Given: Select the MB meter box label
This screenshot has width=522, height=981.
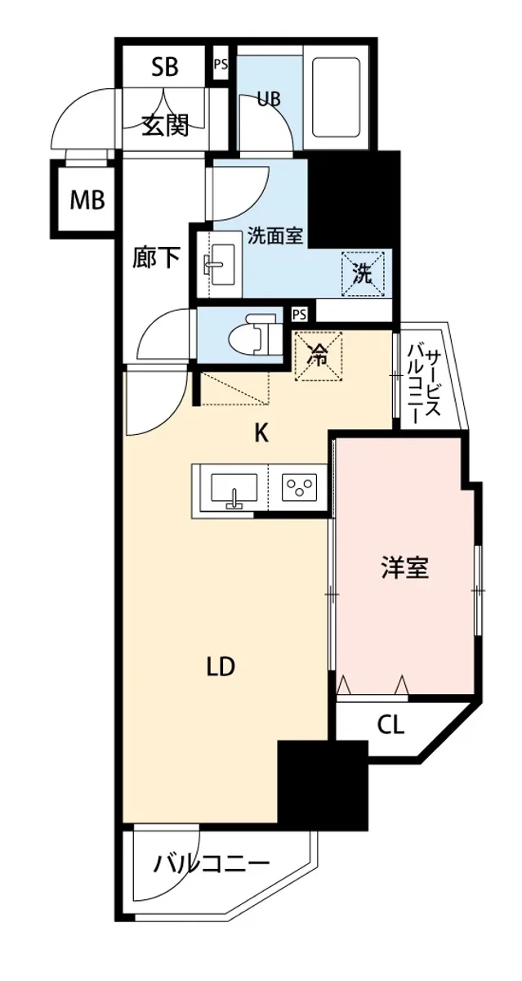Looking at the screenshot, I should pos(87,199).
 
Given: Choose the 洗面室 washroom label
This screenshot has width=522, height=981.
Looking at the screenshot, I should pos(275,236).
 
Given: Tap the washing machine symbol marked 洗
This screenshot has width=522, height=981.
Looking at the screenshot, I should pos(362,274).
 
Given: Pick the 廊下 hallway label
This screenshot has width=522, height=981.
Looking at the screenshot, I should pos(156,258).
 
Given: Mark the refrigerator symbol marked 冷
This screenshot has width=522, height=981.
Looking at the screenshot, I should pos(318,356).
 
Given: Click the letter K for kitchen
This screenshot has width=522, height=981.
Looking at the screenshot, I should pos(261,433).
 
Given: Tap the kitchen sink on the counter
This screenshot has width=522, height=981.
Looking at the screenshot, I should pos(234,490).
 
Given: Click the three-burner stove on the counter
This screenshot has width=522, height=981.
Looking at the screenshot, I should pos(300,489).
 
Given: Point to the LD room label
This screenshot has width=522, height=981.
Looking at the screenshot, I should pos(221,667).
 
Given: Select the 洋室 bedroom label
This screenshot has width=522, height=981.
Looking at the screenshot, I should pos(404,567).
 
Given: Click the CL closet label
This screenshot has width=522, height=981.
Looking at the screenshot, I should pos(390,723).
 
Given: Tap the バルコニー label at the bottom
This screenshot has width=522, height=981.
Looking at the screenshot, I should pos(211,863).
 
